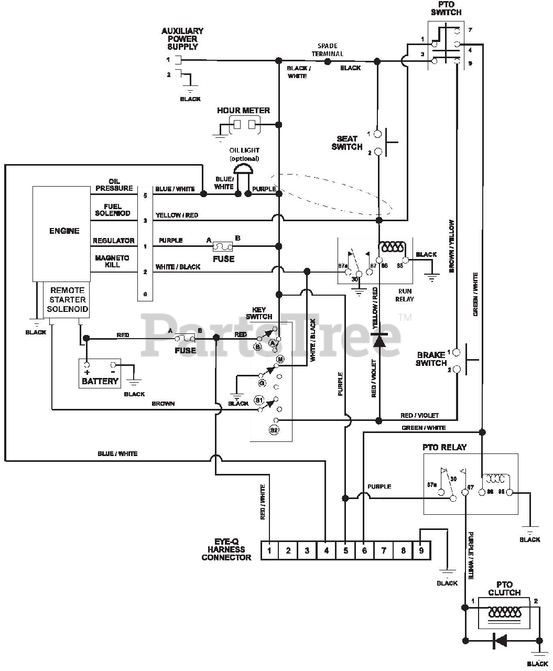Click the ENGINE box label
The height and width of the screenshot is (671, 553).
pyautogui.click(x=64, y=231)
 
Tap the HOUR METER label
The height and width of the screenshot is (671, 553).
pyautogui.click(x=243, y=111)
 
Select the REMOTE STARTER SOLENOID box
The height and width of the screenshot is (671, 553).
pyautogui.click(x=67, y=300)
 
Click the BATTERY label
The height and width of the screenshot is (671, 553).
pyautogui.click(x=100, y=381)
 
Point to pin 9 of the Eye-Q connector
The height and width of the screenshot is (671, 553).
pyautogui.click(x=421, y=550)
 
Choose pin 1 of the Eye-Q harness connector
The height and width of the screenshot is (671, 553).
pyautogui.click(x=269, y=550)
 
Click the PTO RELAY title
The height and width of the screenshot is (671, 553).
pyautogui.click(x=444, y=447)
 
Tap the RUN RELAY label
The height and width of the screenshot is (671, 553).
pyautogui.click(x=405, y=295)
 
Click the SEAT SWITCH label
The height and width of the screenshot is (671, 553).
pyautogui.click(x=347, y=143)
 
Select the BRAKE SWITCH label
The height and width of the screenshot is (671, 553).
pyautogui.click(x=431, y=359)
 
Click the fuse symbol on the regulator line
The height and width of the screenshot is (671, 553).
pyautogui.click(x=223, y=246)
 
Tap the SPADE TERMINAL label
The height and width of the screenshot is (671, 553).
pyautogui.click(x=328, y=50)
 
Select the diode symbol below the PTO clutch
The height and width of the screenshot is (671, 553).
pyautogui.click(x=500, y=641)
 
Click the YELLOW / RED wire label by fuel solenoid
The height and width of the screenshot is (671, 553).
pyautogui.click(x=177, y=215)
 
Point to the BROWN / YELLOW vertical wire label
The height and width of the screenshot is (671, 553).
pyautogui.click(x=451, y=246)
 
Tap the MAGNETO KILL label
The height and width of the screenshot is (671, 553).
pyautogui.click(x=112, y=261)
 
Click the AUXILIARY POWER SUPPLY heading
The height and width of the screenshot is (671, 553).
pyautogui.click(x=182, y=39)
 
